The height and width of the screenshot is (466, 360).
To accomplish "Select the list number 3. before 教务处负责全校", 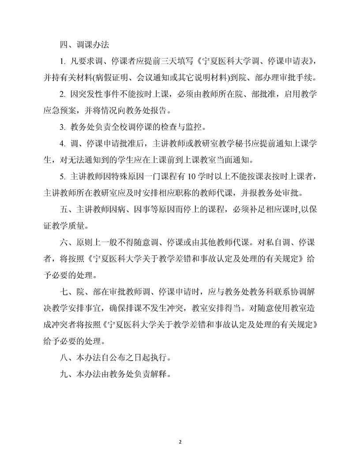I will pyautogui.click(x=62, y=128).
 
